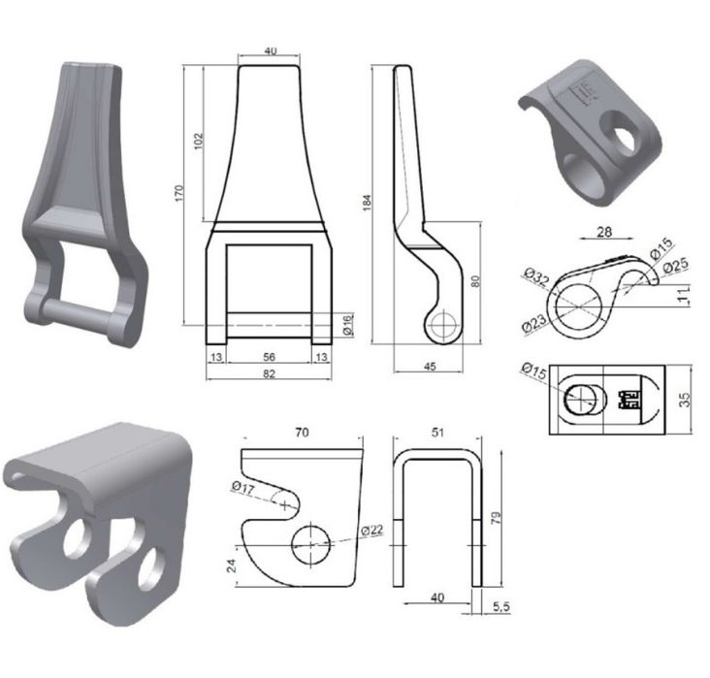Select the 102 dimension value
click(199, 142)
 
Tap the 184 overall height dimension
click(367, 203)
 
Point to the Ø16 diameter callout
click(348, 325)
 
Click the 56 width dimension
click(269, 357)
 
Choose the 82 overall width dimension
click(269, 373)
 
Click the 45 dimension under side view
click(430, 366)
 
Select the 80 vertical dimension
click(475, 281)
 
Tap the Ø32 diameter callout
click(536, 275)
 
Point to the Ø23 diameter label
click(533, 324)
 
